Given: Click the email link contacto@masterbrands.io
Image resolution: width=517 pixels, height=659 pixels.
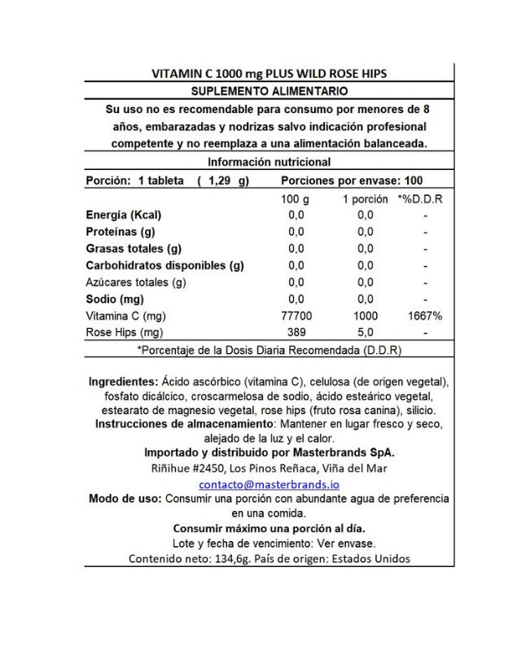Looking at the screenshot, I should (269, 483).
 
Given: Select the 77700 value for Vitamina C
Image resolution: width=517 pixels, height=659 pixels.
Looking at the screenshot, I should (295, 316).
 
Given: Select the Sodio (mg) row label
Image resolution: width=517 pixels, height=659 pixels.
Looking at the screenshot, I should (115, 299).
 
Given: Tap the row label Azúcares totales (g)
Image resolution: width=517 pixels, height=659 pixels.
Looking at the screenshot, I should (136, 282).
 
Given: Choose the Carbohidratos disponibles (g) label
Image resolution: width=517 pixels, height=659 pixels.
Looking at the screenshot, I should (164, 265).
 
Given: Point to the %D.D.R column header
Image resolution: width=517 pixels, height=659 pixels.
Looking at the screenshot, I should (420, 198).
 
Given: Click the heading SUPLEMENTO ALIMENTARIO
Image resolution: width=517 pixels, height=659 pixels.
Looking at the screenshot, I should (269, 90).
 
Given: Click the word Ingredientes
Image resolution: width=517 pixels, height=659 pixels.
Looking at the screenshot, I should (122, 381).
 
